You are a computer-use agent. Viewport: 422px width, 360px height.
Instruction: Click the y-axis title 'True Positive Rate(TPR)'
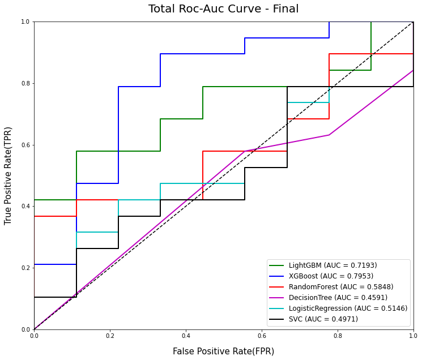tap(8, 175)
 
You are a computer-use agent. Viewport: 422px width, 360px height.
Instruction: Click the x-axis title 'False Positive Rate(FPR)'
tap(223, 352)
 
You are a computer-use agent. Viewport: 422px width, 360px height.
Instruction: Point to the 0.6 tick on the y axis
tap(25, 145)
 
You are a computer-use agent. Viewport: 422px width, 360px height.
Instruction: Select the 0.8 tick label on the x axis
tap(338, 336)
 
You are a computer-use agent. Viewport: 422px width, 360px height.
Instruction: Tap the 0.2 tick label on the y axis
tap(25, 268)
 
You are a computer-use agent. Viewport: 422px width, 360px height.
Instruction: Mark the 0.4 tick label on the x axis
tap(186, 336)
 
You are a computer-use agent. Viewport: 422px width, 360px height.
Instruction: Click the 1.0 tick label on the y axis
tap(25, 22)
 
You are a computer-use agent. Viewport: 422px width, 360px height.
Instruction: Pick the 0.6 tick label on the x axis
tap(262, 336)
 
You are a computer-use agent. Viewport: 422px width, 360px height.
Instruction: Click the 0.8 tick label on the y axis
tap(25, 83)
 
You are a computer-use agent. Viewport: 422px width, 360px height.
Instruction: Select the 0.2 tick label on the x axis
tap(110, 336)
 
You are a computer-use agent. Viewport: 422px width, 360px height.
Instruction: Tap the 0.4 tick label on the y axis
tap(25, 206)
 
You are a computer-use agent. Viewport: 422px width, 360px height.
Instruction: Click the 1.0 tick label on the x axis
tap(413, 336)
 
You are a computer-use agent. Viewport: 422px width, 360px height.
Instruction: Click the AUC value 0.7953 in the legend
tap(360, 276)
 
